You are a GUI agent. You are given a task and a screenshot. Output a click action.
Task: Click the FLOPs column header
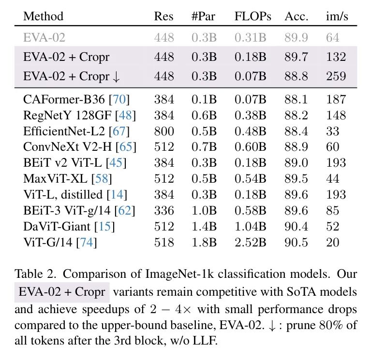coord(253,16)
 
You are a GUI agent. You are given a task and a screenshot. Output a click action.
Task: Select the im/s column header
coord(337,16)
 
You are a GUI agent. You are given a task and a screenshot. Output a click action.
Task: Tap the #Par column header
coord(204,16)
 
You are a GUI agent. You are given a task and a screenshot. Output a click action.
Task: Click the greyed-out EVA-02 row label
coord(44,38)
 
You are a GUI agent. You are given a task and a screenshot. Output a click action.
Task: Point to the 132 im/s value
coord(336,57)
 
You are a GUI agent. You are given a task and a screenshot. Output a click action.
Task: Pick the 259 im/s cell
coord(336,76)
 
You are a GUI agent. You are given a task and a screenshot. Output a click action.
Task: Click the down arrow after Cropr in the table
coord(116,77)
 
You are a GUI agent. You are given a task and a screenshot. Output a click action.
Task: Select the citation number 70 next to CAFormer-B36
coord(119,99)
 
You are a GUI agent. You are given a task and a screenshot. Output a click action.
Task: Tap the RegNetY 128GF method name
coord(67,115)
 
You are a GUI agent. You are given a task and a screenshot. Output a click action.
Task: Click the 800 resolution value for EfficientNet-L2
coord(164,131)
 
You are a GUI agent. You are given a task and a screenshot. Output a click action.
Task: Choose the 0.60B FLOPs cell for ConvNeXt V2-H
coord(251,147)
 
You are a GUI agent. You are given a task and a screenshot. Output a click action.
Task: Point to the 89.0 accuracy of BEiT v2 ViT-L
coord(296,163)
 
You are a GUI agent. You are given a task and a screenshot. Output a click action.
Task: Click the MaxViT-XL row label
coord(55,179)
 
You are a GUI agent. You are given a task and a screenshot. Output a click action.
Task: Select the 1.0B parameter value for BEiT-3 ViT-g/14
coord(204,211)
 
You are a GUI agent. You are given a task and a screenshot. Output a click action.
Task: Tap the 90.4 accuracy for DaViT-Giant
coord(296,227)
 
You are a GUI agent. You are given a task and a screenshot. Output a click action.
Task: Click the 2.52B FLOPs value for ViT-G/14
coord(251,243)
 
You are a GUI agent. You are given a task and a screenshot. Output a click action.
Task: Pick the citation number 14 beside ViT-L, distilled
coord(117,195)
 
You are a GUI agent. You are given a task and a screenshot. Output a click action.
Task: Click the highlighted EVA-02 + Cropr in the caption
coord(62,292)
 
